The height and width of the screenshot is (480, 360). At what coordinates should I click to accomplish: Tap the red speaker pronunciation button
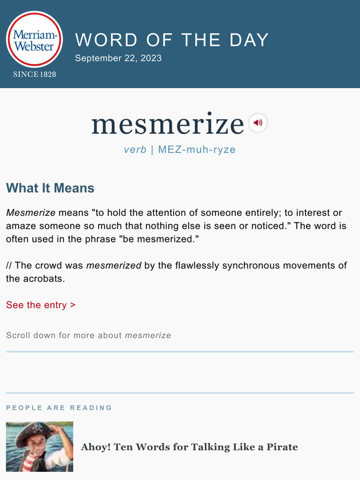258,123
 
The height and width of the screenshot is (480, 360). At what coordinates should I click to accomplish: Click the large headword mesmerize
168,124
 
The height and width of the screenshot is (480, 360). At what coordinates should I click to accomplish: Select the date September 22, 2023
118,58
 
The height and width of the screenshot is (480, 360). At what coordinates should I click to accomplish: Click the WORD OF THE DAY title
172,40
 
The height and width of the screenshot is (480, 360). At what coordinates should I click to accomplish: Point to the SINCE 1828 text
35,74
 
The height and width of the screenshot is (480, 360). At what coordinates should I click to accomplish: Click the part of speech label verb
135,149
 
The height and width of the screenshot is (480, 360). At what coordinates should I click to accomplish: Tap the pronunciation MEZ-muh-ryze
197,149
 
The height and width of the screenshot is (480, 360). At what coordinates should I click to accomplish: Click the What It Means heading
50,188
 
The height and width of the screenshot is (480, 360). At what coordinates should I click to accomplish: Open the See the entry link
41,304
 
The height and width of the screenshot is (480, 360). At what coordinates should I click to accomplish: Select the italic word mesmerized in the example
114,265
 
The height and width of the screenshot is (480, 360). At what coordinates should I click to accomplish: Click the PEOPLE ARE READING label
59,408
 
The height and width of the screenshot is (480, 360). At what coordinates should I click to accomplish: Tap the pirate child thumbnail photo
40,447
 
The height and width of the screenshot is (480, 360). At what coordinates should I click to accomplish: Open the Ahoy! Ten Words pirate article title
189,447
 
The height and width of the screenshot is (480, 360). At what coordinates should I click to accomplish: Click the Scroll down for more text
88,336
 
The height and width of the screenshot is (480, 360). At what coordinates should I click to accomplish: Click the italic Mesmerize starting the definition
31,213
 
